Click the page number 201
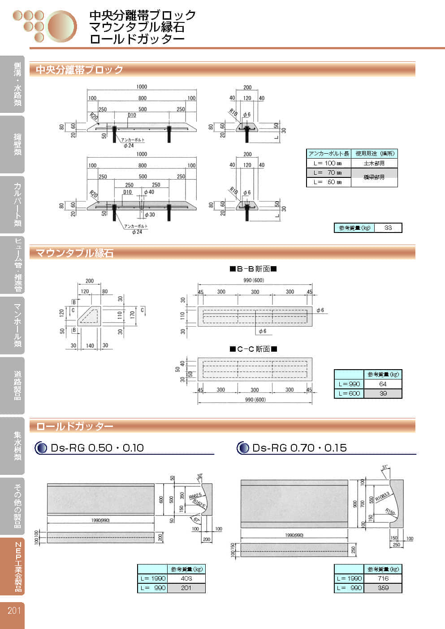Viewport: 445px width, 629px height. point(14,610)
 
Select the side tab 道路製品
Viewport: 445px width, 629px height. point(17,385)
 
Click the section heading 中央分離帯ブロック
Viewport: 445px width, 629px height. point(79,69)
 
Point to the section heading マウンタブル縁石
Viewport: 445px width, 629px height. point(74,253)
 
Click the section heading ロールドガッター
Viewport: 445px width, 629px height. point(74,427)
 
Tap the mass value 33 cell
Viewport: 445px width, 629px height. point(388,228)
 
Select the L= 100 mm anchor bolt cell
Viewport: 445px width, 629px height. point(328,163)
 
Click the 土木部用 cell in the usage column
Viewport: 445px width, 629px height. point(374,163)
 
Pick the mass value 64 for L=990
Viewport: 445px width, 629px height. point(383,384)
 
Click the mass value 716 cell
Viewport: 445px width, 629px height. point(383,578)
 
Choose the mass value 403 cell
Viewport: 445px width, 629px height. point(186,578)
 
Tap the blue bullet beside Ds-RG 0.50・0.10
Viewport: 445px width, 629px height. point(41,448)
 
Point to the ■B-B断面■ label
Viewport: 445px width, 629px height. point(253,269)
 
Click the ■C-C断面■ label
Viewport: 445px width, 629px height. point(253,349)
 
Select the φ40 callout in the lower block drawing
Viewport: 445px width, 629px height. point(149,192)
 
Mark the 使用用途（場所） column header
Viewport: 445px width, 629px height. point(375,154)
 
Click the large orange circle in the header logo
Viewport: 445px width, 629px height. point(62,26)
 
